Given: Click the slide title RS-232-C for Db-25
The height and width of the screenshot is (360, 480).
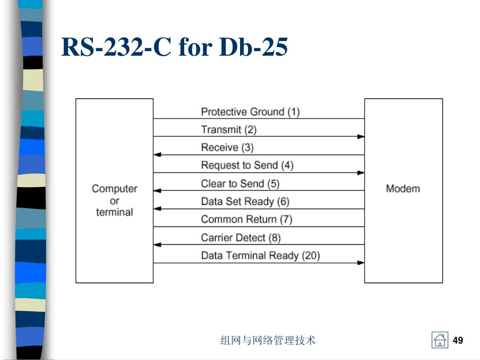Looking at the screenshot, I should (174, 47).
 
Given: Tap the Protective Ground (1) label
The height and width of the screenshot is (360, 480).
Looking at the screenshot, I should (250, 112).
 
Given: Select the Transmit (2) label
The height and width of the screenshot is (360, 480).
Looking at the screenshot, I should (229, 129).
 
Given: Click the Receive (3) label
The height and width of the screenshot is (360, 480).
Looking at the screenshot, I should (227, 147).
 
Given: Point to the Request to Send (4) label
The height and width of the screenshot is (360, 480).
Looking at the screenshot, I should (247, 165).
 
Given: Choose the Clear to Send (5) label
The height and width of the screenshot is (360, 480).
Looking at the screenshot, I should (240, 183).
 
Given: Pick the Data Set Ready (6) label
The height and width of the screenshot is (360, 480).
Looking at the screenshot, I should (245, 201).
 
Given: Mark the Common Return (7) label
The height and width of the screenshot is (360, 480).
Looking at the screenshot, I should (247, 219).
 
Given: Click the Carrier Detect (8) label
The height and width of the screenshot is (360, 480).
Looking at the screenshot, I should (241, 237).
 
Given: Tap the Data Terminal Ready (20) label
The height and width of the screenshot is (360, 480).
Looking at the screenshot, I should (260, 255).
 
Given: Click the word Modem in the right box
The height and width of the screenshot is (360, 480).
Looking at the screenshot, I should (403, 188).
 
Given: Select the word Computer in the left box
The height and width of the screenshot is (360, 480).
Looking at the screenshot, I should (114, 188).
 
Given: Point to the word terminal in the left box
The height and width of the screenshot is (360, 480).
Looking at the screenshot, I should (114, 212).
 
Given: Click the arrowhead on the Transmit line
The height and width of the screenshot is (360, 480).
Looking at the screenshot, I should (360, 136).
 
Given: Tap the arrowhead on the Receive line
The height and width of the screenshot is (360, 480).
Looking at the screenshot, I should (158, 155).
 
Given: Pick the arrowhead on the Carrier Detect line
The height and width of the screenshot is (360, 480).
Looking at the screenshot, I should (158, 245).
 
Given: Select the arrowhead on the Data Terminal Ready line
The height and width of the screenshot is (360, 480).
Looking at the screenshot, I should (360, 263).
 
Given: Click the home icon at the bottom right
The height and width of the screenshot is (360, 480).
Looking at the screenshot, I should (440, 340).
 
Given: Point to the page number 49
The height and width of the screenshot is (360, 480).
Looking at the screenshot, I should (458, 340).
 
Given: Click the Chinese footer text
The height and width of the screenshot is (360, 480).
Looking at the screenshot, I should (268, 340).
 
